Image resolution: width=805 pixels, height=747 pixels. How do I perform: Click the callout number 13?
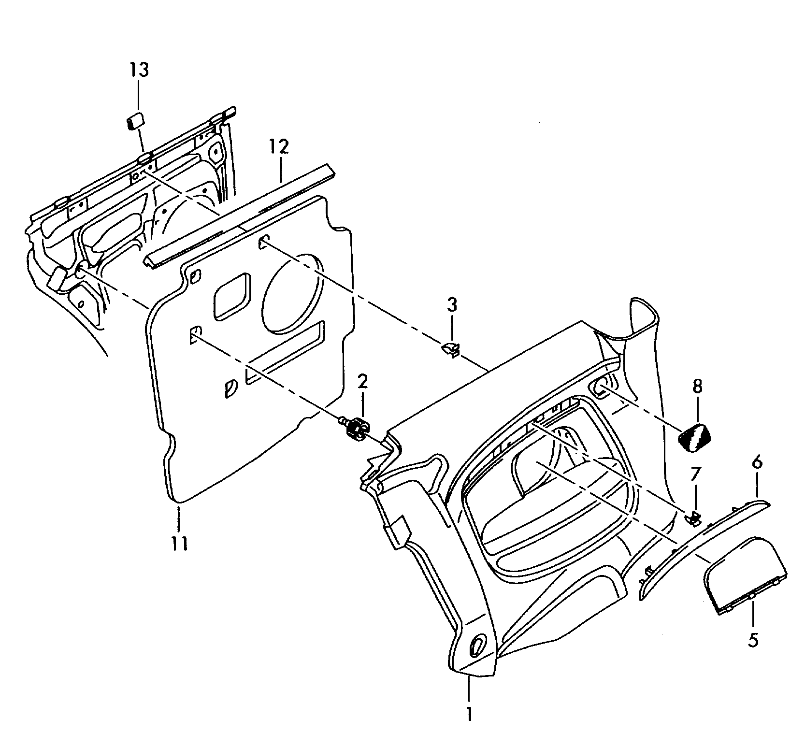click(x=139, y=70)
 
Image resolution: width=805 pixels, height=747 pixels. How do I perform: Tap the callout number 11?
click(x=179, y=544)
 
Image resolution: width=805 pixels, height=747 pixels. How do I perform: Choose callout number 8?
click(x=697, y=386)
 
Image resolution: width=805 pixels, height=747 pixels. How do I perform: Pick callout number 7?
click(x=694, y=474)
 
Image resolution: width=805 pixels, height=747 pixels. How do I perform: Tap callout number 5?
click(x=753, y=640)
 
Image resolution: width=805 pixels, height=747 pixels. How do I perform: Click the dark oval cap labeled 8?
click(x=694, y=436)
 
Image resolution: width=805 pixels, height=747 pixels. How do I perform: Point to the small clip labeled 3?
click(x=450, y=349)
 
